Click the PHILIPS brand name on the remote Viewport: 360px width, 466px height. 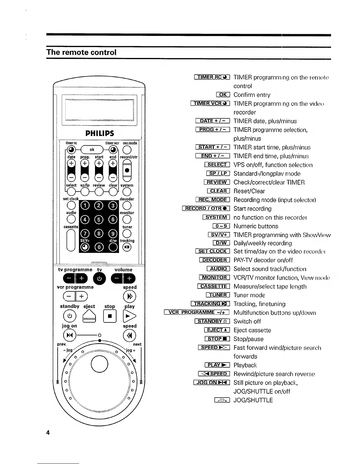pyautogui.click(x=99, y=133)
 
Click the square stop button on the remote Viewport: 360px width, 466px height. pyautogui.click(x=110, y=316)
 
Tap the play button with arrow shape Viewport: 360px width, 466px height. pyautogui.click(x=129, y=316)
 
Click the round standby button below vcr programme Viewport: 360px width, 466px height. pyautogui.click(x=69, y=316)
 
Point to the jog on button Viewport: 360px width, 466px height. pyautogui.click(x=69, y=335)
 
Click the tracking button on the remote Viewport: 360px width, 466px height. pyautogui.click(x=127, y=247)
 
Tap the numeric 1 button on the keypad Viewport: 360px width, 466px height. pyautogui.click(x=85, y=205)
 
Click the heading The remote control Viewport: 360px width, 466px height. pyautogui.click(x=81, y=52)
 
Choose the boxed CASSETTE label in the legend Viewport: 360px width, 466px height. pyautogui.click(x=214, y=286)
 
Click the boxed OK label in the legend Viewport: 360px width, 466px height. pyautogui.click(x=223, y=94)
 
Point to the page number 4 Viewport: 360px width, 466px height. pyautogui.click(x=48, y=432)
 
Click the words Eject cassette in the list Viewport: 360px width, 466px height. pyautogui.click(x=252, y=330)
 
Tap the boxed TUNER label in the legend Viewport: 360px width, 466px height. pyautogui.click(x=218, y=295)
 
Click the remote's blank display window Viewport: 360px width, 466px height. pyautogui.click(x=99, y=110)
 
